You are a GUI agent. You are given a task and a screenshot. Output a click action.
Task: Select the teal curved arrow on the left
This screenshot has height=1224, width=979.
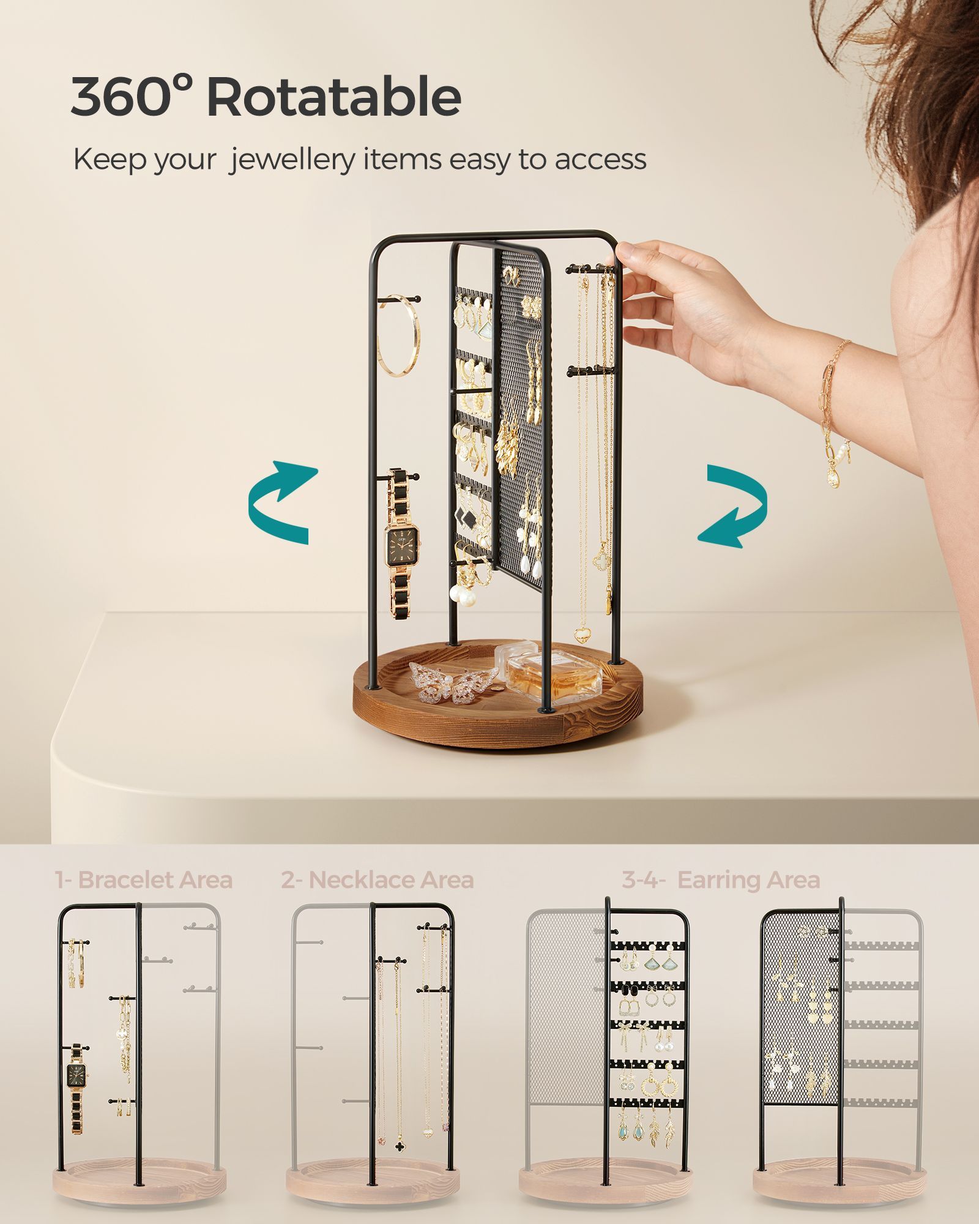pos(283,502)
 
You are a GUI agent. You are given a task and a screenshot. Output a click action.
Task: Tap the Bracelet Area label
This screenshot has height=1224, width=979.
pos(144,880)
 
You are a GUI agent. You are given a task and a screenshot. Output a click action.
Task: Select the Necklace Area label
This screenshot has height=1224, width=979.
pos(378,880)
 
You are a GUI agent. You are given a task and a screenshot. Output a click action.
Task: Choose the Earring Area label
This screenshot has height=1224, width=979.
pos(721,880)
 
